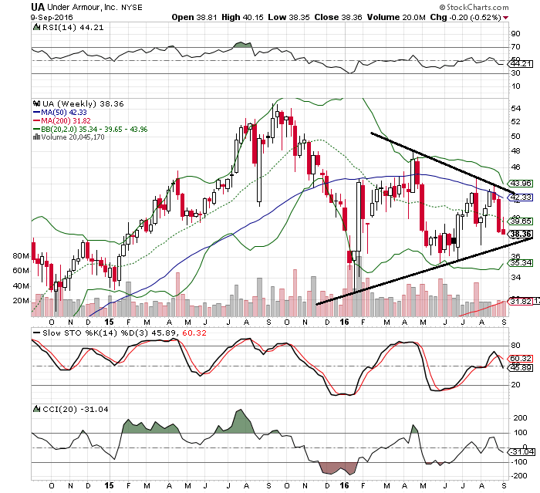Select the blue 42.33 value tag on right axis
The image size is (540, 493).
[x=521, y=198]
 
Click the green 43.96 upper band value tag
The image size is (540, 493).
[x=521, y=183]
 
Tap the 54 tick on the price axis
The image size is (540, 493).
[x=515, y=108]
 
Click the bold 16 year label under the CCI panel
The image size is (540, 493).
[x=343, y=485]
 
